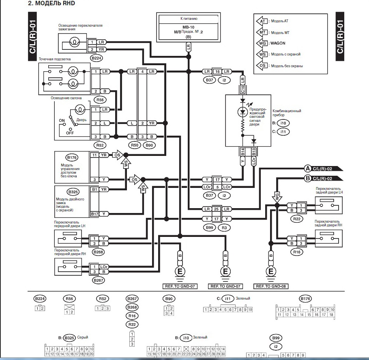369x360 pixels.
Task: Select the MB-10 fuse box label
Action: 188,27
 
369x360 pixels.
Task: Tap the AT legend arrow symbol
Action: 262,21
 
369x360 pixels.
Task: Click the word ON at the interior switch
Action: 62,120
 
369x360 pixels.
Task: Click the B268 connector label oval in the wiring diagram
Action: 98,252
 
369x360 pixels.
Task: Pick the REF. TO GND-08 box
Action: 271,286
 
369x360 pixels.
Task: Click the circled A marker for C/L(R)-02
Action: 308,168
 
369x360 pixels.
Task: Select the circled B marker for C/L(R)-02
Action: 308,178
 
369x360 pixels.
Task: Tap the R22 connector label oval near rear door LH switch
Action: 296,219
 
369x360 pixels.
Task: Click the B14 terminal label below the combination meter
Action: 242,152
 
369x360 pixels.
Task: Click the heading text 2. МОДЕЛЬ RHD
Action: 51,3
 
